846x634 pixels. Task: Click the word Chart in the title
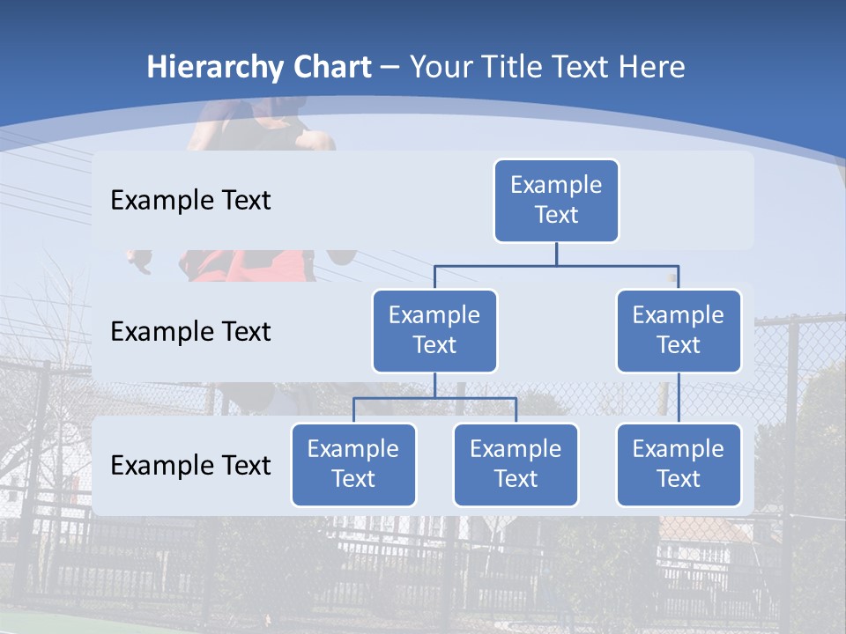click(x=330, y=68)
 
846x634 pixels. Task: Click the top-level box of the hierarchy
click(x=556, y=201)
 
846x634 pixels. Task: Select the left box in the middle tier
click(x=434, y=331)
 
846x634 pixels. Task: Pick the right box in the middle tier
click(x=679, y=331)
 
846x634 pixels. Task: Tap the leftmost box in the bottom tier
click(x=353, y=465)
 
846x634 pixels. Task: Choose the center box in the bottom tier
click(x=516, y=465)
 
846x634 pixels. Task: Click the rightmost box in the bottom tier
click(x=679, y=465)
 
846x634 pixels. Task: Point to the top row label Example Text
click(x=190, y=201)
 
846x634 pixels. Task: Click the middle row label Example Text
click(x=190, y=332)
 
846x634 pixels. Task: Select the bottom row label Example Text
click(x=190, y=465)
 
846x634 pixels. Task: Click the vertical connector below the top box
click(x=556, y=254)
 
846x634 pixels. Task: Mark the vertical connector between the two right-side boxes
click(x=679, y=398)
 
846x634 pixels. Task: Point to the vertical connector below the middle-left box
click(x=434, y=385)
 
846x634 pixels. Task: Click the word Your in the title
click(x=439, y=68)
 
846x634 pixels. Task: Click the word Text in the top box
click(x=556, y=215)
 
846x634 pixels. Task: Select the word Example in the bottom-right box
click(x=679, y=450)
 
